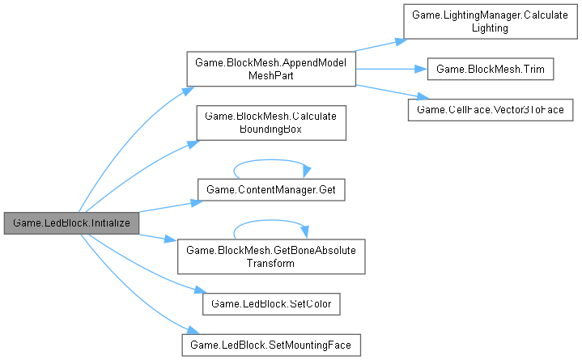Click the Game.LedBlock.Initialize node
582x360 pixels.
(x=70, y=221)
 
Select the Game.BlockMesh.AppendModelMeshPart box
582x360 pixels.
(x=271, y=69)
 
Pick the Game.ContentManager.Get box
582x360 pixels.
(x=271, y=189)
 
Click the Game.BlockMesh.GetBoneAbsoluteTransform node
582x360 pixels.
(x=271, y=255)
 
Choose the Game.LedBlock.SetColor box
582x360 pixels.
(x=271, y=303)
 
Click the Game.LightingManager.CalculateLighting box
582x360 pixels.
(x=491, y=22)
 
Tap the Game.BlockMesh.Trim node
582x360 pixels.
(x=490, y=69)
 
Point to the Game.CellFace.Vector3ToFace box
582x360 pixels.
(x=491, y=108)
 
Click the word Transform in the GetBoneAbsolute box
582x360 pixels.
(x=271, y=263)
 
